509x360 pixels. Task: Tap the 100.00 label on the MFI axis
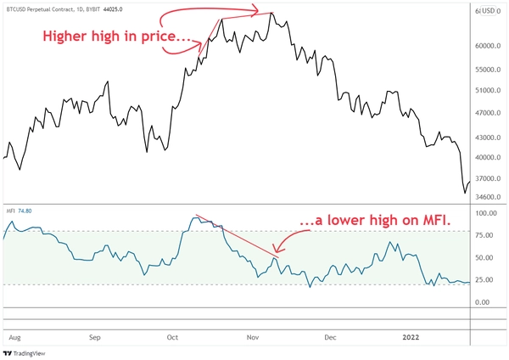tap(486, 213)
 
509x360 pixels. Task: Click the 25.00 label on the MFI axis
tap(487, 280)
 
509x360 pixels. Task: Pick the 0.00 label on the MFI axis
tap(486, 302)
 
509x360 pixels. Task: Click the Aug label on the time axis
tap(14, 337)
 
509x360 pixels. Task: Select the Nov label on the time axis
tap(252, 337)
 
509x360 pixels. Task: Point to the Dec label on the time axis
tap(330, 337)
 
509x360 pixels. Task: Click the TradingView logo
tap(30, 352)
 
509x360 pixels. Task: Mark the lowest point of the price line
tap(464, 193)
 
